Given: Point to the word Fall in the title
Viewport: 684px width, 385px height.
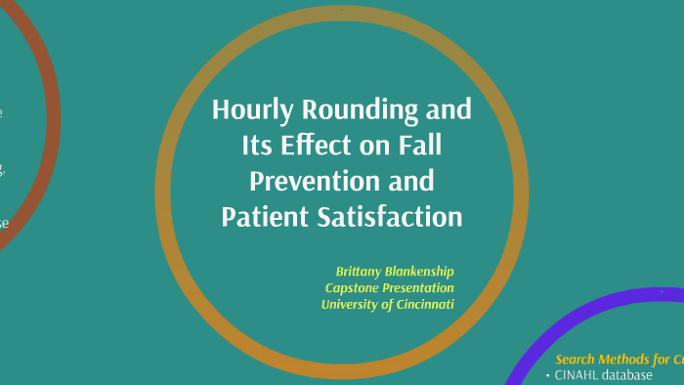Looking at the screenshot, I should click(419, 146).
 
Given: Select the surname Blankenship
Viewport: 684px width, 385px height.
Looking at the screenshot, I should click(423, 271).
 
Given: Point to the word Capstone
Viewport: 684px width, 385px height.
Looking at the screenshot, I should click(353, 287).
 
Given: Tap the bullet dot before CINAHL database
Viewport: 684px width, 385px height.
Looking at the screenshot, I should click(547, 376).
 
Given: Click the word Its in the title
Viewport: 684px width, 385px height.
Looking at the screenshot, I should click(258, 146).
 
